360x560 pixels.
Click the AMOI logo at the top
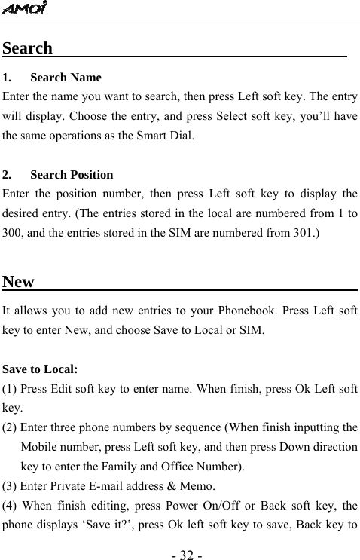(24, 8)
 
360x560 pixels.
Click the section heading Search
(28, 48)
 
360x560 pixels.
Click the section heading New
(19, 282)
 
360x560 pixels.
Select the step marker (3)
(11, 485)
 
